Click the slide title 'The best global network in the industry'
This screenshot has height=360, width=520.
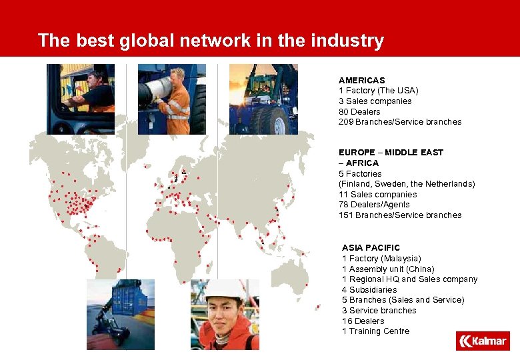[x=211, y=41]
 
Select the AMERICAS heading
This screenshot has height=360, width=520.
[x=361, y=80]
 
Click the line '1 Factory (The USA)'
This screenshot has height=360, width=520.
[x=378, y=91]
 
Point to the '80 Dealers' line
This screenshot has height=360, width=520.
[x=359, y=111]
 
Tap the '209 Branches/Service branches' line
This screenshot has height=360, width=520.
[x=399, y=122]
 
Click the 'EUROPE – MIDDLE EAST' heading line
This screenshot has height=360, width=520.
[x=391, y=153]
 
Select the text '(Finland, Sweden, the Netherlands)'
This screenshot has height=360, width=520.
[x=407, y=184]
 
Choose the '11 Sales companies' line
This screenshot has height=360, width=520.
[x=377, y=195]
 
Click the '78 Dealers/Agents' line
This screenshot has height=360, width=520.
[x=374, y=205]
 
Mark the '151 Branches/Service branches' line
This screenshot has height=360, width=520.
[x=399, y=215]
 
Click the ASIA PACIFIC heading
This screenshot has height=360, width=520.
[x=371, y=248]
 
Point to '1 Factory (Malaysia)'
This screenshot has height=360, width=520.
[x=381, y=259]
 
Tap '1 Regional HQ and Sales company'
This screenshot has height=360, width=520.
[x=409, y=279]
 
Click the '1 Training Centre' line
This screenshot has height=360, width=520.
[x=375, y=331]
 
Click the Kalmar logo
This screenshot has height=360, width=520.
[x=483, y=341]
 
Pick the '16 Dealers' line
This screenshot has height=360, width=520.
[x=363, y=321]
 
